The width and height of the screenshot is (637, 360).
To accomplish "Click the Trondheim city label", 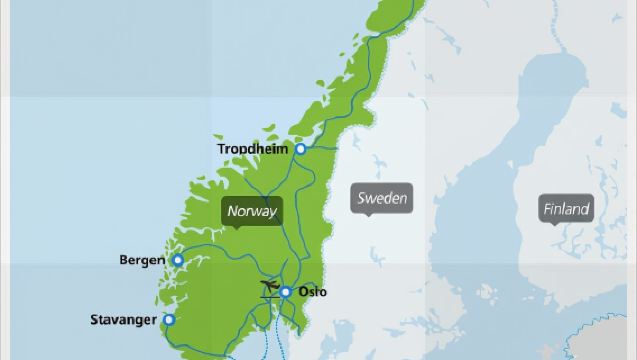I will [253, 149].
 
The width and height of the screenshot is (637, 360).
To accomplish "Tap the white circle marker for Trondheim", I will [299, 149].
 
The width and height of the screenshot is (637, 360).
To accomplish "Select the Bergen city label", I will [142, 260].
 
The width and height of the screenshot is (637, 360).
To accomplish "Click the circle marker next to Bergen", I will [178, 260].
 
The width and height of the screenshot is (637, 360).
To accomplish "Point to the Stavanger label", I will [123, 321].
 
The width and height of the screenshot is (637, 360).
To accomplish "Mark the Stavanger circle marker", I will [169, 320].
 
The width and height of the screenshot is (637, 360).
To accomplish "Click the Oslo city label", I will [312, 293].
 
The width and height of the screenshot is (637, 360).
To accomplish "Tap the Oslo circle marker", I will [285, 292].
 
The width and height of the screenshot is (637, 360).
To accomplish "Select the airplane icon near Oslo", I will [268, 290].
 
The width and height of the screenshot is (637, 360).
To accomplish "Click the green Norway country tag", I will [251, 210].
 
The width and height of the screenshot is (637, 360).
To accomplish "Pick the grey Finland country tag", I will [566, 209].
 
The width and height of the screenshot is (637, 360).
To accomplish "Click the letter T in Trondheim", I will [222, 149].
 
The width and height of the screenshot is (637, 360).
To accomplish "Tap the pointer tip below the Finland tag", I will [552, 226].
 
